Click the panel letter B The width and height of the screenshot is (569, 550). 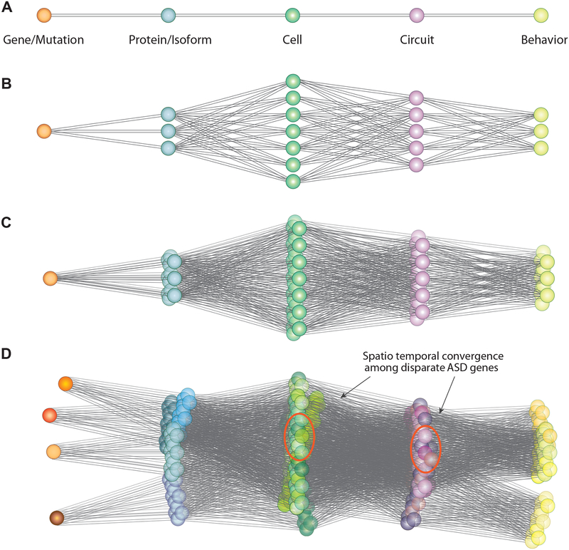pos(7,83)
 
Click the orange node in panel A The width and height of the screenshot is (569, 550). pos(43,15)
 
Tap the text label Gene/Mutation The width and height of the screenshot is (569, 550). pos(44,40)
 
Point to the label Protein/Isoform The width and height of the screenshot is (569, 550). pos(168,40)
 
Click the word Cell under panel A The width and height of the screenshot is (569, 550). pos(292,40)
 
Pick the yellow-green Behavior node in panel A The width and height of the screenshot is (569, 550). pos(542,15)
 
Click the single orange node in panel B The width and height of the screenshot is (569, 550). pos(44,131)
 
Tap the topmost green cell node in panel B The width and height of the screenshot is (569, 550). pos(292,80)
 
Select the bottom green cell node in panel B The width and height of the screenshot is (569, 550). pos(292,182)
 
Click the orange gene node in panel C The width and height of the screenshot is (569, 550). pos(49,278)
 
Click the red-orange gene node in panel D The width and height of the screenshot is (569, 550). pos(50,415)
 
